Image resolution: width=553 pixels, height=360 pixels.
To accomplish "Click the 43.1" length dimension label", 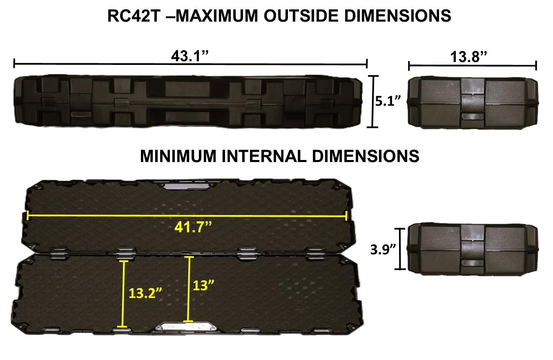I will tap(190, 56).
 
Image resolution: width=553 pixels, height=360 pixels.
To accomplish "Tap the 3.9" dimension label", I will tap(382, 249).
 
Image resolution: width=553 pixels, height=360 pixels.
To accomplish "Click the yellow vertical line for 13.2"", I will tap(122, 293).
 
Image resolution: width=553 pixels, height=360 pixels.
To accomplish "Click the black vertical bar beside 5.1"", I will tap(372, 101).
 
